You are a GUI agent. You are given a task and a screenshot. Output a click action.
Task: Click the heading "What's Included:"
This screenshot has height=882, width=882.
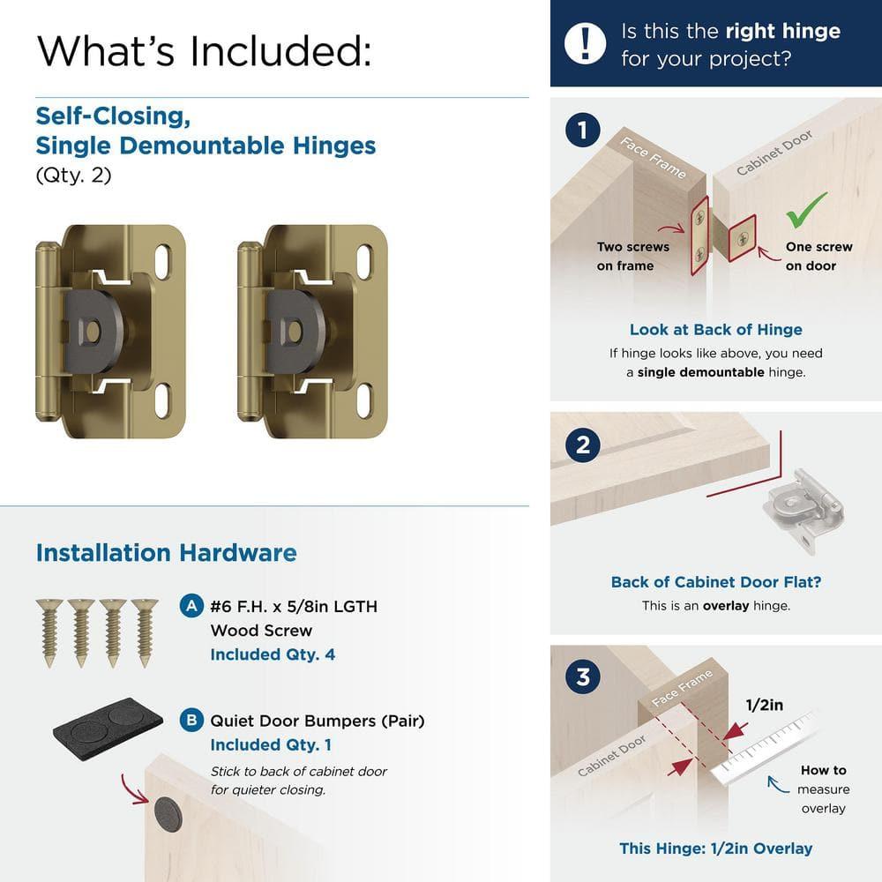tap(204, 51)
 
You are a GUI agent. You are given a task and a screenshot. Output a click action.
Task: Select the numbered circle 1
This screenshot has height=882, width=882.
tap(583, 131)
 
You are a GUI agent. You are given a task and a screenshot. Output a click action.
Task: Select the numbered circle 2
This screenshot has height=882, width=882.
tap(583, 445)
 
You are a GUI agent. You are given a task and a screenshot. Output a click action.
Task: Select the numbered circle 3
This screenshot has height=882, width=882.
tap(583, 678)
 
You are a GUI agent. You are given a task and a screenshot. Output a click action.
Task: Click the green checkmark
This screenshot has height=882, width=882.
tap(807, 209)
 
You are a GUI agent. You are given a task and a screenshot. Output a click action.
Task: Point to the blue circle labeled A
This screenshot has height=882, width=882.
tap(190, 606)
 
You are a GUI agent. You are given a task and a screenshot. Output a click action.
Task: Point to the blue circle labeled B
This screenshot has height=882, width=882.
tap(190, 721)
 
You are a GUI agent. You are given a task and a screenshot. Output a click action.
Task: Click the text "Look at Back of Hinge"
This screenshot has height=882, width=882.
tap(715, 330)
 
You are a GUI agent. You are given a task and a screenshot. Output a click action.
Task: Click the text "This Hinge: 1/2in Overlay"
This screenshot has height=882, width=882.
tap(715, 848)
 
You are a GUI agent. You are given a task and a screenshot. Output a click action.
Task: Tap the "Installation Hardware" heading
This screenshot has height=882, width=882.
tap(166, 553)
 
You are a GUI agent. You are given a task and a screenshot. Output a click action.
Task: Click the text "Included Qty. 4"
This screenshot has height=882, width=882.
tap(273, 654)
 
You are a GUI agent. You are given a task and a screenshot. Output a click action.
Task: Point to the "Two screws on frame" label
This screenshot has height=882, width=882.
tap(632, 257)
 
